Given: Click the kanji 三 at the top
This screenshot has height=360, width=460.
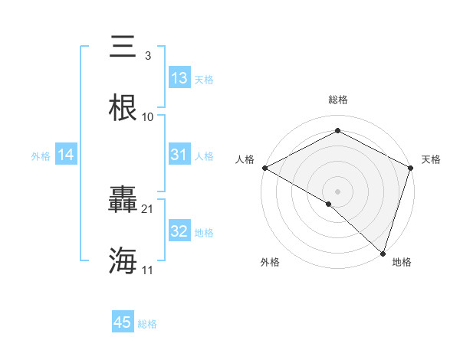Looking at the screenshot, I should [x=124, y=47].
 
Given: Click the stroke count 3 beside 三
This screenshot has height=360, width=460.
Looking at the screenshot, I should [x=148, y=56].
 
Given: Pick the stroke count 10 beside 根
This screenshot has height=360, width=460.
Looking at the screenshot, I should [x=148, y=117].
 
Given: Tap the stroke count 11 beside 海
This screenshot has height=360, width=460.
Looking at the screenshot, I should [x=148, y=270].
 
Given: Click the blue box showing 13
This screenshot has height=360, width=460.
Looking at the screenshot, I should [x=179, y=78].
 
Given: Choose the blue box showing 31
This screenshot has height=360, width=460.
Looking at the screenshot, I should [x=179, y=155].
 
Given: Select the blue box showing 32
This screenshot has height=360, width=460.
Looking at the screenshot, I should [x=179, y=231].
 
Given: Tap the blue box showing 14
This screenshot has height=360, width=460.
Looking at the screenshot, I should [x=66, y=155].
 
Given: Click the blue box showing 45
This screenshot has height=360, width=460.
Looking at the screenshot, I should [x=123, y=323].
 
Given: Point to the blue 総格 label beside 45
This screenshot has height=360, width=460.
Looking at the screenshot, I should [x=147, y=324].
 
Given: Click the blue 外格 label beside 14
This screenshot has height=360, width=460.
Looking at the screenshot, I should [x=41, y=155].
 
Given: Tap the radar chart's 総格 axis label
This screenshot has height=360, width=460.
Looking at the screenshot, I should [x=337, y=100].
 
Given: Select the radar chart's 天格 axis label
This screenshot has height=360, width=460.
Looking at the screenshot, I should [x=431, y=159].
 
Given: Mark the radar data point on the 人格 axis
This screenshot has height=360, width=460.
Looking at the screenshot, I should [x=264, y=167].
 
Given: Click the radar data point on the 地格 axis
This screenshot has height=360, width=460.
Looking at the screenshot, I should [x=383, y=253].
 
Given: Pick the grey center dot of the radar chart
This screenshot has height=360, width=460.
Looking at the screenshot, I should [x=337, y=191].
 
